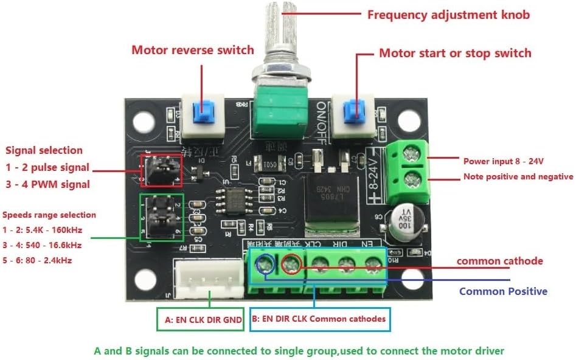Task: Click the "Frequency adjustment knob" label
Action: (448, 14)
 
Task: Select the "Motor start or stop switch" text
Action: (455, 53)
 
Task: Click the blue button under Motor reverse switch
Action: (203, 112)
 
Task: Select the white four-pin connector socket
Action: (209, 280)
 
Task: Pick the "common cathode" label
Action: (499, 261)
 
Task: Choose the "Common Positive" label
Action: (503, 291)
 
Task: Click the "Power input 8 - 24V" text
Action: (503, 161)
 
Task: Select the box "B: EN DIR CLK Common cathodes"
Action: (319, 318)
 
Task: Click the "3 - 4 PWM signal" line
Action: (47, 184)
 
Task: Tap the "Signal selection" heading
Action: (44, 150)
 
